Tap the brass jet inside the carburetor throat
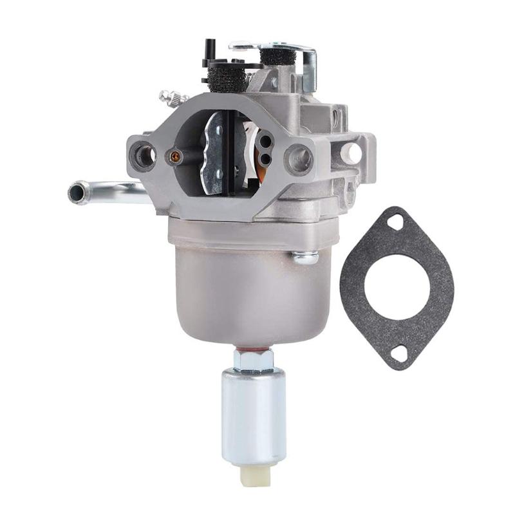173,155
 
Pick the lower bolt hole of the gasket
399,352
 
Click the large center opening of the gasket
397,287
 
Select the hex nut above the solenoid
253,360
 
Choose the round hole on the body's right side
353,153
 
